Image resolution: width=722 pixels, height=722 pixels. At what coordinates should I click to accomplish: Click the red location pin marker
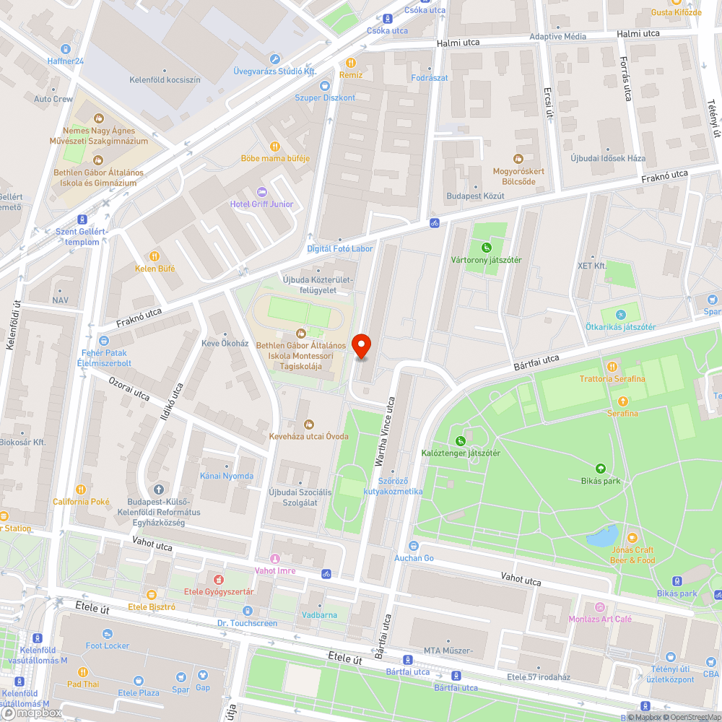[x=361, y=346]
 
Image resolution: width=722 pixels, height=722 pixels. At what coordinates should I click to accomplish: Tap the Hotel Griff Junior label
[x=261, y=204]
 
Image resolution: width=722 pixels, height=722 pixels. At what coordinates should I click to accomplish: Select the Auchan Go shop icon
[x=414, y=546]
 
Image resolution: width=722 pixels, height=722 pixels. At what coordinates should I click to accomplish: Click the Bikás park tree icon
[x=600, y=468]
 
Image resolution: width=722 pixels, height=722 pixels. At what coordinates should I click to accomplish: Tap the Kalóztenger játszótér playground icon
[x=460, y=440]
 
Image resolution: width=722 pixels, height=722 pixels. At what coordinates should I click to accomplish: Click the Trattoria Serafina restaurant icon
[x=612, y=366]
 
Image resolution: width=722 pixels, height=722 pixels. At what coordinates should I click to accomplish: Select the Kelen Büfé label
[x=155, y=269]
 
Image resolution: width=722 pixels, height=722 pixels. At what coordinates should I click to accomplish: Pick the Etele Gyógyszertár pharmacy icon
[x=219, y=579]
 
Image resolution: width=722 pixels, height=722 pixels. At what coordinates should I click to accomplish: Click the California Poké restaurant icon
[x=81, y=489]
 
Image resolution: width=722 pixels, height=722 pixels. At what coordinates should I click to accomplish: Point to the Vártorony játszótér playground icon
[x=487, y=247]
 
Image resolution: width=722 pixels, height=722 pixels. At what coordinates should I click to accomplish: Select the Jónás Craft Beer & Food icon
[x=632, y=538]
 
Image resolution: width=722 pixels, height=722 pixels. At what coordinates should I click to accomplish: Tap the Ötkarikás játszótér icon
[x=620, y=314]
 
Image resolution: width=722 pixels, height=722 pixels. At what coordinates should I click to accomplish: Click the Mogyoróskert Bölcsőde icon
[x=518, y=158]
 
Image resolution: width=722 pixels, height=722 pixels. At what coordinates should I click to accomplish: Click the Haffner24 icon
[x=66, y=48]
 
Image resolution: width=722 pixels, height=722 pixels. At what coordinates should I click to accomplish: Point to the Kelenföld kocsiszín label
[x=165, y=80]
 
